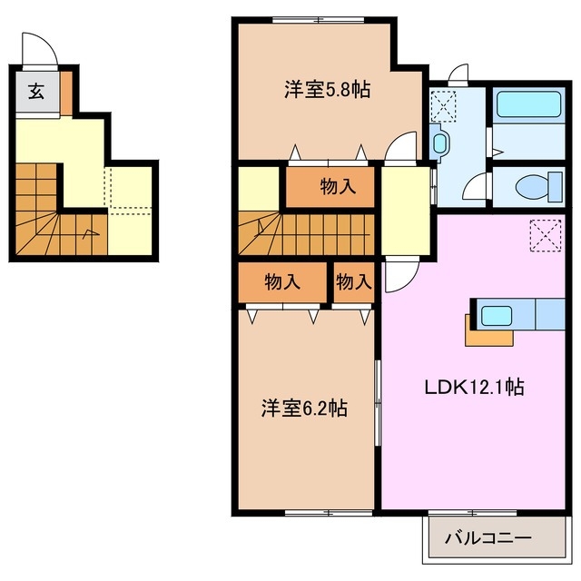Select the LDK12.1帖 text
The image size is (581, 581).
(474, 387)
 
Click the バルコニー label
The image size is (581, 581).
(487, 539)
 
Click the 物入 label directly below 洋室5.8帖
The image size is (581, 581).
(337, 188)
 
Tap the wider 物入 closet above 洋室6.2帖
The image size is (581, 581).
(281, 282)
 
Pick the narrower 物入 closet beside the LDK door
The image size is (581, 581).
(353, 282)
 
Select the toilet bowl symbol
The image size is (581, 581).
(530, 187)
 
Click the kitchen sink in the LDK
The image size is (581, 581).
(497, 317)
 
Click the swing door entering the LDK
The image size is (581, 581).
(398, 276)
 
